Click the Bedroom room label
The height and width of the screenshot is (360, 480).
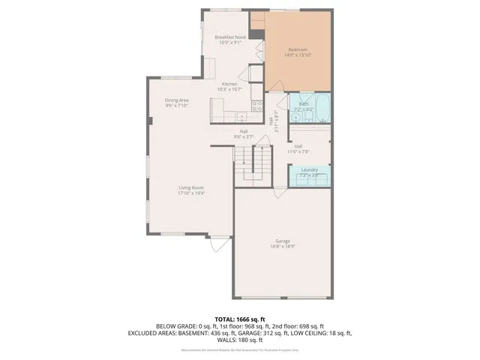298,49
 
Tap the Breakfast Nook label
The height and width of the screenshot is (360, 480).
230,37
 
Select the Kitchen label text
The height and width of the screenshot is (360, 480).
229,84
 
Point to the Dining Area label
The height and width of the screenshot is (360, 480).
177,100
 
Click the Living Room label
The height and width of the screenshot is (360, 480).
191,187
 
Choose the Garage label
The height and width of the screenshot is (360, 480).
282,241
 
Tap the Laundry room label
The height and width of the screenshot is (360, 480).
309,170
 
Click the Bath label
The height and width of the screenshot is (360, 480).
304,104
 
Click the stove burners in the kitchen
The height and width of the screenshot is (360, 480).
256,106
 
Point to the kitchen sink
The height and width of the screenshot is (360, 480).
242,117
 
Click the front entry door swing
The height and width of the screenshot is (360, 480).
218,244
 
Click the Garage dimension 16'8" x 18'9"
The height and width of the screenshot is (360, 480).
282,246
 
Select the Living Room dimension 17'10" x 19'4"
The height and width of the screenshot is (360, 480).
191,193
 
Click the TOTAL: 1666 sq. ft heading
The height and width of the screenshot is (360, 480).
239,319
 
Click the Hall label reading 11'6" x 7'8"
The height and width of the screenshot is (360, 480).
298,148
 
